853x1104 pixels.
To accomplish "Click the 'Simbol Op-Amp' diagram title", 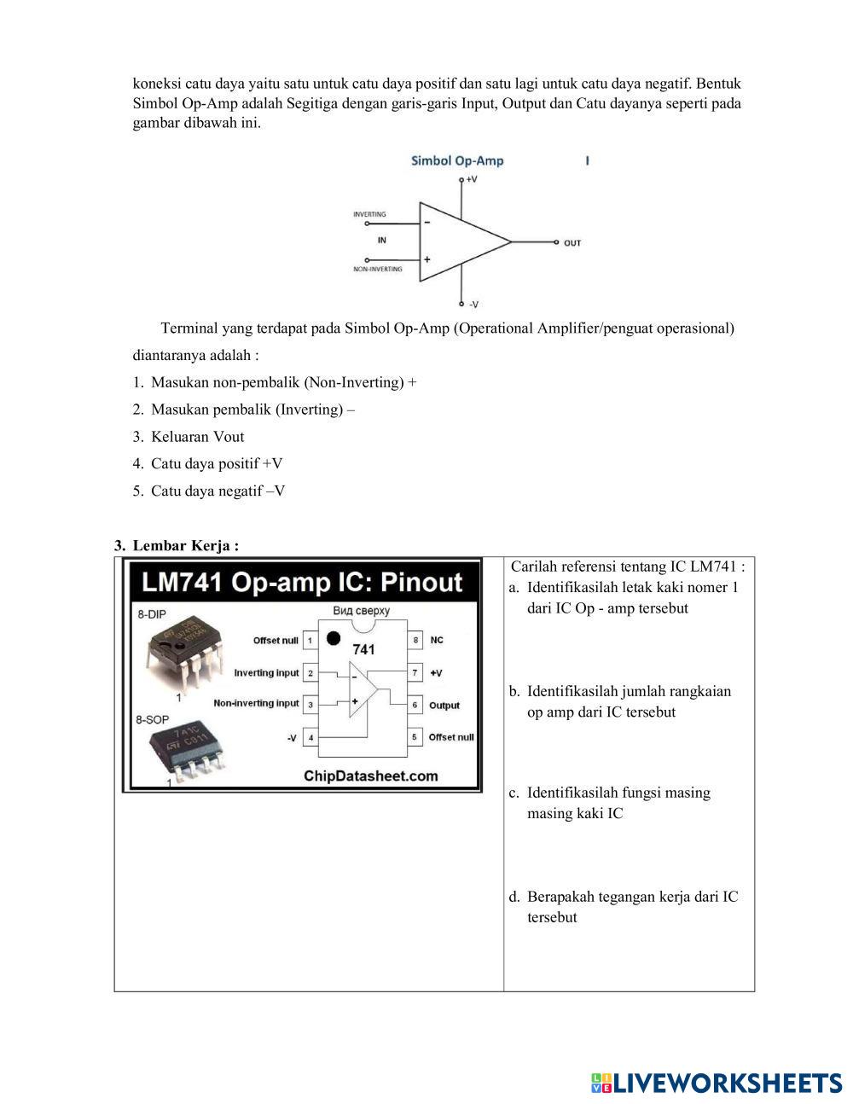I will [x=457, y=160].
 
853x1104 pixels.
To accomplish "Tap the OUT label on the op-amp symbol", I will [x=572, y=243].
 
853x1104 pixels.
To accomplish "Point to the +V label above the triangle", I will [x=471, y=180].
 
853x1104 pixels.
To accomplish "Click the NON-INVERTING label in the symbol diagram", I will [x=378, y=270].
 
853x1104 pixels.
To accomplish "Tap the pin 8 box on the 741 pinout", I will [x=415, y=640].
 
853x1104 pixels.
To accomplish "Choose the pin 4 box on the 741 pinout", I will [x=310, y=738].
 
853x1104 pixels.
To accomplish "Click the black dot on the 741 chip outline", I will [x=334, y=638].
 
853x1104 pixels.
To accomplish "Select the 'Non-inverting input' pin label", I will [x=256, y=704].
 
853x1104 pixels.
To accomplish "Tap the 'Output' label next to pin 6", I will [x=444, y=706].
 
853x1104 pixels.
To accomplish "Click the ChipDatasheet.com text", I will [x=370, y=776].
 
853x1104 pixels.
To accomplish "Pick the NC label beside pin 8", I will [x=437, y=640].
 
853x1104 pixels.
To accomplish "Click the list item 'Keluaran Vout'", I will [x=197, y=437].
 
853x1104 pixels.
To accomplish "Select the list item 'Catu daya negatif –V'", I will [x=218, y=491].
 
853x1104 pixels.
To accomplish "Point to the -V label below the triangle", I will [x=473, y=305].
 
